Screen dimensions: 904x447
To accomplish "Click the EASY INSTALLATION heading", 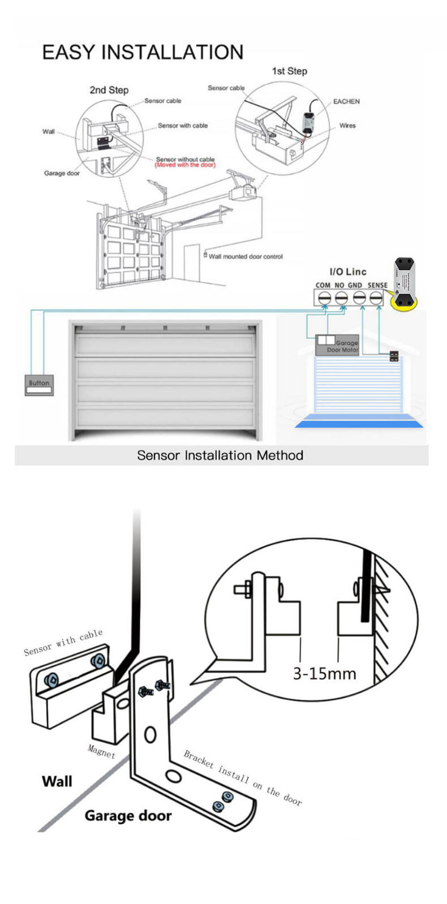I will (x=143, y=52).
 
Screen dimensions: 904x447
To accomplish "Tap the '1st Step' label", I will (x=289, y=71).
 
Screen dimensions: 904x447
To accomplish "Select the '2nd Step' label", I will (x=109, y=90).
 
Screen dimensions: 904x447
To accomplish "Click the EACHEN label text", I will (x=346, y=101).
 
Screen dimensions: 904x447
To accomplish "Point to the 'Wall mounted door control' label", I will (x=245, y=256).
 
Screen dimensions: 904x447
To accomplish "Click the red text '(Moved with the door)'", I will (x=185, y=165).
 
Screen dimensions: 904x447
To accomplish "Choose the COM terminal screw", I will (x=324, y=298).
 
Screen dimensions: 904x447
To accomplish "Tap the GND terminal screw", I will (x=358, y=298).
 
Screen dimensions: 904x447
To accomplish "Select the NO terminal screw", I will (x=341, y=298).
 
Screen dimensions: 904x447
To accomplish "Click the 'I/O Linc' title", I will (x=347, y=272).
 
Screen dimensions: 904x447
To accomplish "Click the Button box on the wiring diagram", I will (x=39, y=385).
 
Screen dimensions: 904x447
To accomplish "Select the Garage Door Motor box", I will (x=337, y=345).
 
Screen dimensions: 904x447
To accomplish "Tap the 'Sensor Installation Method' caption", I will (x=220, y=455).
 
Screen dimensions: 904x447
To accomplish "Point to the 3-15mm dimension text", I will (x=324, y=673).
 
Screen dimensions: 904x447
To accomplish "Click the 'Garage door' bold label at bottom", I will (x=128, y=815).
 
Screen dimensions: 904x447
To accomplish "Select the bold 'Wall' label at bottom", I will (x=57, y=781).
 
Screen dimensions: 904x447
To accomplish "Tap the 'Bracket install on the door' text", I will (x=243, y=777).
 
